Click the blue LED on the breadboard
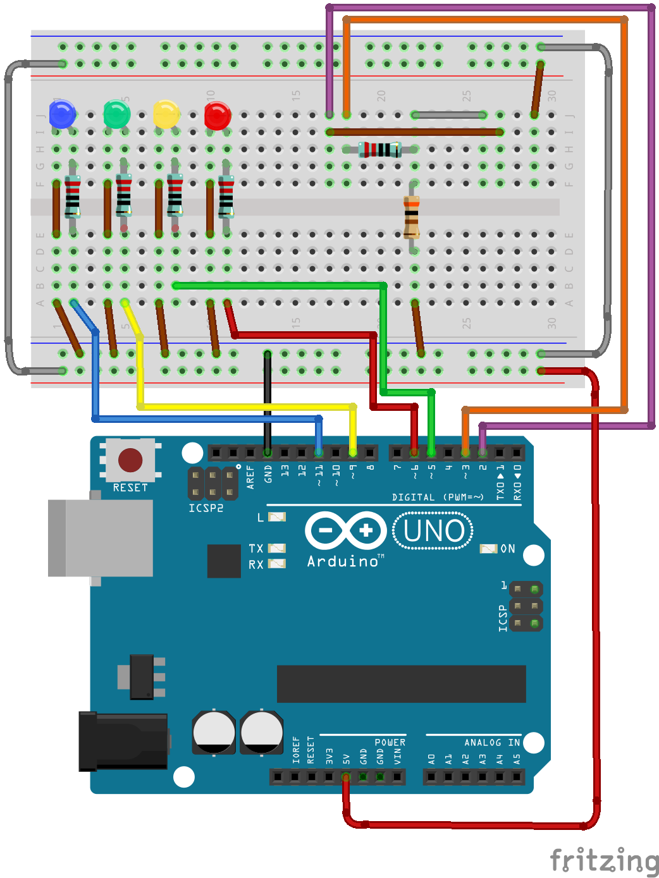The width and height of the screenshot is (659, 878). (62, 115)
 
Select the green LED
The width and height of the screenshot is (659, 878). (116, 115)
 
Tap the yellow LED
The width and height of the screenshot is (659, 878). (166, 115)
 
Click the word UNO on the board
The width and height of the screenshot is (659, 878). (434, 531)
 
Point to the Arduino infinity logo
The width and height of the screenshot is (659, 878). (345, 531)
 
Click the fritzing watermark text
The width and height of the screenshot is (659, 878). (603, 860)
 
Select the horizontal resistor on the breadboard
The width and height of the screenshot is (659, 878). (380, 150)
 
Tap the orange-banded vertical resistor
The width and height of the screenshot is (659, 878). (412, 217)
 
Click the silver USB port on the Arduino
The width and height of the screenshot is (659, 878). (101, 538)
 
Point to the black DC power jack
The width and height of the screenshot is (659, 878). (123, 741)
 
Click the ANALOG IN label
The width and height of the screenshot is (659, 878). (491, 743)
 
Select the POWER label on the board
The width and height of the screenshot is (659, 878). (390, 743)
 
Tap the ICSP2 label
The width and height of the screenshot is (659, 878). (206, 508)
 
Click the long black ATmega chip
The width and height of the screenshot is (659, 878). (401, 683)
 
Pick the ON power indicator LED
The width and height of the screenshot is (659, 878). (488, 549)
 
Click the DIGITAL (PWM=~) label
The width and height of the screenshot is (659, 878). (438, 497)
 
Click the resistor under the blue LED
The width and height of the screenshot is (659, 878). (73, 196)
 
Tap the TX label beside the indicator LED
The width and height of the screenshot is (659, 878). (256, 549)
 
